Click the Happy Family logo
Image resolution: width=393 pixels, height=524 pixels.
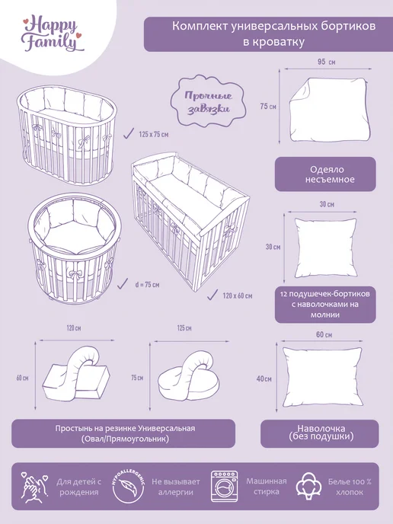click(x=53, y=35)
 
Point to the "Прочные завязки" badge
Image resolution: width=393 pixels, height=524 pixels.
click(x=209, y=102)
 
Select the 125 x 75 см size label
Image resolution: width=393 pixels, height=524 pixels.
click(x=154, y=134)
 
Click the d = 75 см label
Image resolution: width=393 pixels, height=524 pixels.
click(x=147, y=285)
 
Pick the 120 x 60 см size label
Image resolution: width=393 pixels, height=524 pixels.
click(x=238, y=296)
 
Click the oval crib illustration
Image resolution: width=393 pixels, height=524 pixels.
click(x=66, y=135)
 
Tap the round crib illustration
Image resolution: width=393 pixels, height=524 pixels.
click(x=74, y=248)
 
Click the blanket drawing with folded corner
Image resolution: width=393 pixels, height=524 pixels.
click(x=329, y=110)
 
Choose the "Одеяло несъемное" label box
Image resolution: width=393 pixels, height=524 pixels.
click(x=325, y=174)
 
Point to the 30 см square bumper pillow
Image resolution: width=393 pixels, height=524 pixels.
click(x=325, y=248)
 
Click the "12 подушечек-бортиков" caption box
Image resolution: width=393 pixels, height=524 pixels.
click(x=325, y=304)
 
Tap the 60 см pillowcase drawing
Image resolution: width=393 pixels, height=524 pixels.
click(x=322, y=377)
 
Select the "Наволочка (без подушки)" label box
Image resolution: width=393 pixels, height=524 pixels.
click(x=320, y=433)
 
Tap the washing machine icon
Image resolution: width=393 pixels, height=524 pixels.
click(x=224, y=486)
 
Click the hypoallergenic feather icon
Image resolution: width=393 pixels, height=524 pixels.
click(x=128, y=486)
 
